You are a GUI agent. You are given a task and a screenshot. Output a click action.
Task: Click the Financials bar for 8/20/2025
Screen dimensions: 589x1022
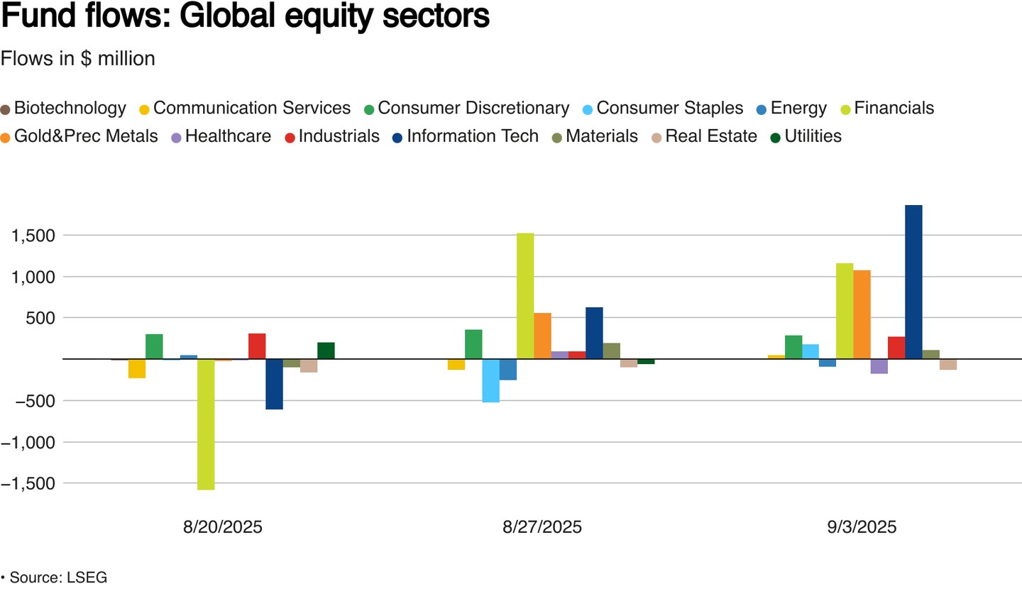[206, 424]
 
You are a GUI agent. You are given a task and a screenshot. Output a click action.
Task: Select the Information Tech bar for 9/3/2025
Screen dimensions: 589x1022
[913, 282]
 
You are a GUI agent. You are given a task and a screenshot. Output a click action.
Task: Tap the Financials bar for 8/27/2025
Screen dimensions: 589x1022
[525, 296]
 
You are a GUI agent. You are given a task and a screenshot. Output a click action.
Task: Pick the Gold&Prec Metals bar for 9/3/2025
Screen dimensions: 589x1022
[862, 314]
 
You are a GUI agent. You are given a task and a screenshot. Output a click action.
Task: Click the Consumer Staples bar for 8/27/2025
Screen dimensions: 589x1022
[490, 380]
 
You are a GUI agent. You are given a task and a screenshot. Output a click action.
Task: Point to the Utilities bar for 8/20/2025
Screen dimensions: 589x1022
[326, 351]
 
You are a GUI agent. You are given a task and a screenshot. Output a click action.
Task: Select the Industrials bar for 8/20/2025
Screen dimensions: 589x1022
[257, 346]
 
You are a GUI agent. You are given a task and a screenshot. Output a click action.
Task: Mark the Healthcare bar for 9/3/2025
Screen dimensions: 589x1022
[879, 366]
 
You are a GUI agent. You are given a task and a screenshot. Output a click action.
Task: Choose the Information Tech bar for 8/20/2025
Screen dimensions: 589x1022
[274, 384]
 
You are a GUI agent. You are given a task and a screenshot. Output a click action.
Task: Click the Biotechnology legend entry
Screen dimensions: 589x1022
[70, 108]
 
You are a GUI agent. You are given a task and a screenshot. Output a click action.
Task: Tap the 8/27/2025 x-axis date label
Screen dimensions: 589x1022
[542, 527]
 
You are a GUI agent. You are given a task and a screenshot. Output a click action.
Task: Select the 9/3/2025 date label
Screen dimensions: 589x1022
[862, 527]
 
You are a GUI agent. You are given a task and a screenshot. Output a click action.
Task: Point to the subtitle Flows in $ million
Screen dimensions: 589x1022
[78, 59]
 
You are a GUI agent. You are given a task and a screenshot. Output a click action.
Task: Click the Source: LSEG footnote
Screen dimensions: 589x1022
[57, 577]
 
